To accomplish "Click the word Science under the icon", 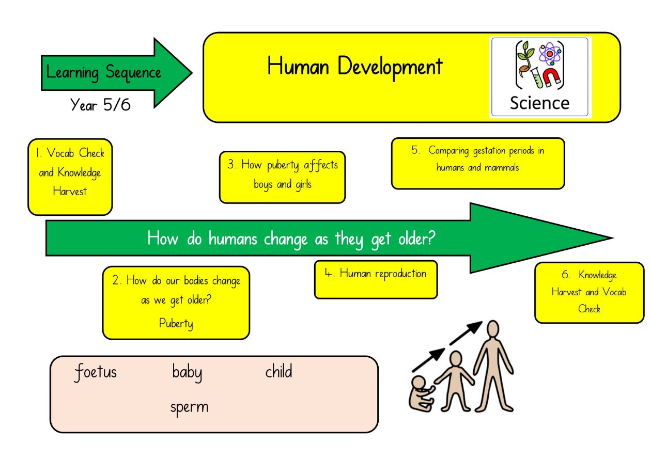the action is [x=540, y=103].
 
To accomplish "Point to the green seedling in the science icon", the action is [x=525, y=59].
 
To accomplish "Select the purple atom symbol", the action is [x=550, y=54].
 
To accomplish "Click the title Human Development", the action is [x=355, y=67].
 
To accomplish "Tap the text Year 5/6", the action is [x=100, y=105].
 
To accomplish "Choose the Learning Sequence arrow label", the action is [x=103, y=73].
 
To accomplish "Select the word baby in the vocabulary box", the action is [x=187, y=373].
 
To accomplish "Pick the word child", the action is [x=278, y=371].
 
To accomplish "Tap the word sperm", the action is [x=189, y=408].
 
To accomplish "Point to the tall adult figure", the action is [x=493, y=366].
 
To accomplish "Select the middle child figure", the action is [x=455, y=381].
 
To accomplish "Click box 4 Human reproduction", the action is [x=376, y=279].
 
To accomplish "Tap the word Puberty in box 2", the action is [x=176, y=324].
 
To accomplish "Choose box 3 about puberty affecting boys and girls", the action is [x=282, y=177].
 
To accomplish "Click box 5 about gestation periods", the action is [x=478, y=164].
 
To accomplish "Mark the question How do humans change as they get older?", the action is [x=291, y=239].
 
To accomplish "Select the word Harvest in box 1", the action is [x=70, y=192].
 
